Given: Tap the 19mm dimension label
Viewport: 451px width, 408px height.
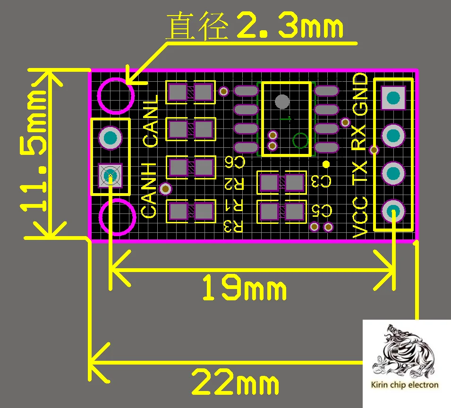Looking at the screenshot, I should [244, 289].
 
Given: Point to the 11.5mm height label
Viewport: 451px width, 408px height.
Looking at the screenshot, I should [34, 152].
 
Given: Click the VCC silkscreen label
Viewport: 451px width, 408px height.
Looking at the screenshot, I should [360, 217].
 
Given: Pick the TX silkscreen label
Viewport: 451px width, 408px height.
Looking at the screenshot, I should [360, 174].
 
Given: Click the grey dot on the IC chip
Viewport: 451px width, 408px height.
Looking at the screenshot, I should [282, 101].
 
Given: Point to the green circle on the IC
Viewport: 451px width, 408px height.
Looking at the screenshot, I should [300, 140].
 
